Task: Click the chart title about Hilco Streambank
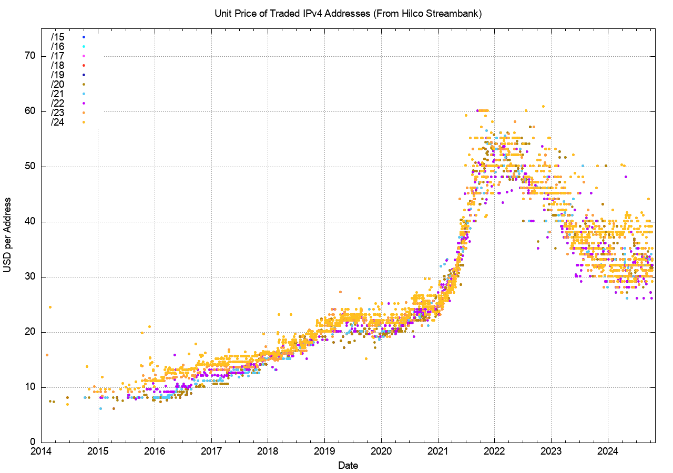[348, 14]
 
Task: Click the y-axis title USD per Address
[7, 235]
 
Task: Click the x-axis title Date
[348, 465]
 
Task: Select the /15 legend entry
[57, 37]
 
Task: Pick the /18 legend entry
[57, 65]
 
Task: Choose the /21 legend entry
[57, 94]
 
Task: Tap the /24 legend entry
[57, 122]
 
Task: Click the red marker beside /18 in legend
[84, 65]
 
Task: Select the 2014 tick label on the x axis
[41, 451]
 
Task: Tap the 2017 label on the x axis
[211, 451]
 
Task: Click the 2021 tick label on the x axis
[437, 451]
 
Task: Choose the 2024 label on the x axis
[608, 451]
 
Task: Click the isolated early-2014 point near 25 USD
[50, 307]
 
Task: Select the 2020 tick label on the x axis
[381, 451]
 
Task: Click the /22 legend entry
[57, 103]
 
